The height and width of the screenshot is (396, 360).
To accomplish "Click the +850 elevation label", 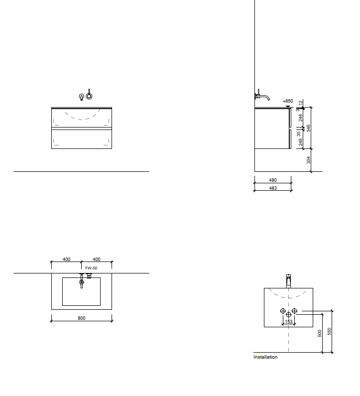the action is tap(288, 101).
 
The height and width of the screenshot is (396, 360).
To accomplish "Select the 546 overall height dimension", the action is tap(308, 128).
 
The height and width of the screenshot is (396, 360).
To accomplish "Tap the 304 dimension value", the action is tap(308, 160).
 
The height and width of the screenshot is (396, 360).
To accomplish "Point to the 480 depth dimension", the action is tap(273, 180).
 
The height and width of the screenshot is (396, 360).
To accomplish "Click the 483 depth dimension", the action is tap(273, 188).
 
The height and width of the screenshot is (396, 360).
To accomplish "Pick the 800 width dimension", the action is tap(81, 318).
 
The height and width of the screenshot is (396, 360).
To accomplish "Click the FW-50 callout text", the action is tap(91, 268).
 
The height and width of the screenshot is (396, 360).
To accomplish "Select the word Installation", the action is tap(265, 357).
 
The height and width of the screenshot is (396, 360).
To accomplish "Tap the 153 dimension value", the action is tap(289, 321).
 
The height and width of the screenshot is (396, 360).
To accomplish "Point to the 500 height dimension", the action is tap(320, 333).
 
